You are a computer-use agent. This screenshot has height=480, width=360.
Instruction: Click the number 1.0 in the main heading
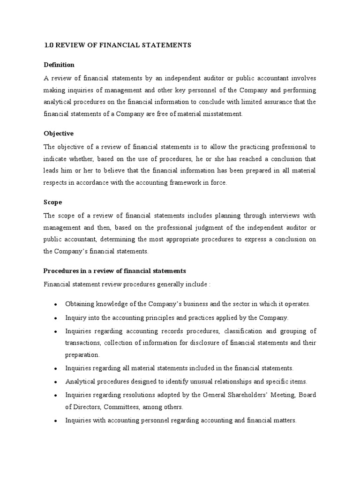click(49, 45)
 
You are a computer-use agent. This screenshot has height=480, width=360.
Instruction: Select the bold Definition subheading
click(59, 65)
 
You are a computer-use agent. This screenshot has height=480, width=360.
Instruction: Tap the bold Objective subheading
click(59, 134)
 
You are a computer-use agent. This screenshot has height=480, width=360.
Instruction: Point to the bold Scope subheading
click(53, 202)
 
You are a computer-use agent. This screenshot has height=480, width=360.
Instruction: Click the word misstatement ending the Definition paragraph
click(222, 114)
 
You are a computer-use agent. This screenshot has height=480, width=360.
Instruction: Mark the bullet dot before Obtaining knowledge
click(55, 305)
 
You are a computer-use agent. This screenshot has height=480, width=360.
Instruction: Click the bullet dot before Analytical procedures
click(55, 382)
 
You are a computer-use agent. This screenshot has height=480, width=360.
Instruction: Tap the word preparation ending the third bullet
click(82, 355)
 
